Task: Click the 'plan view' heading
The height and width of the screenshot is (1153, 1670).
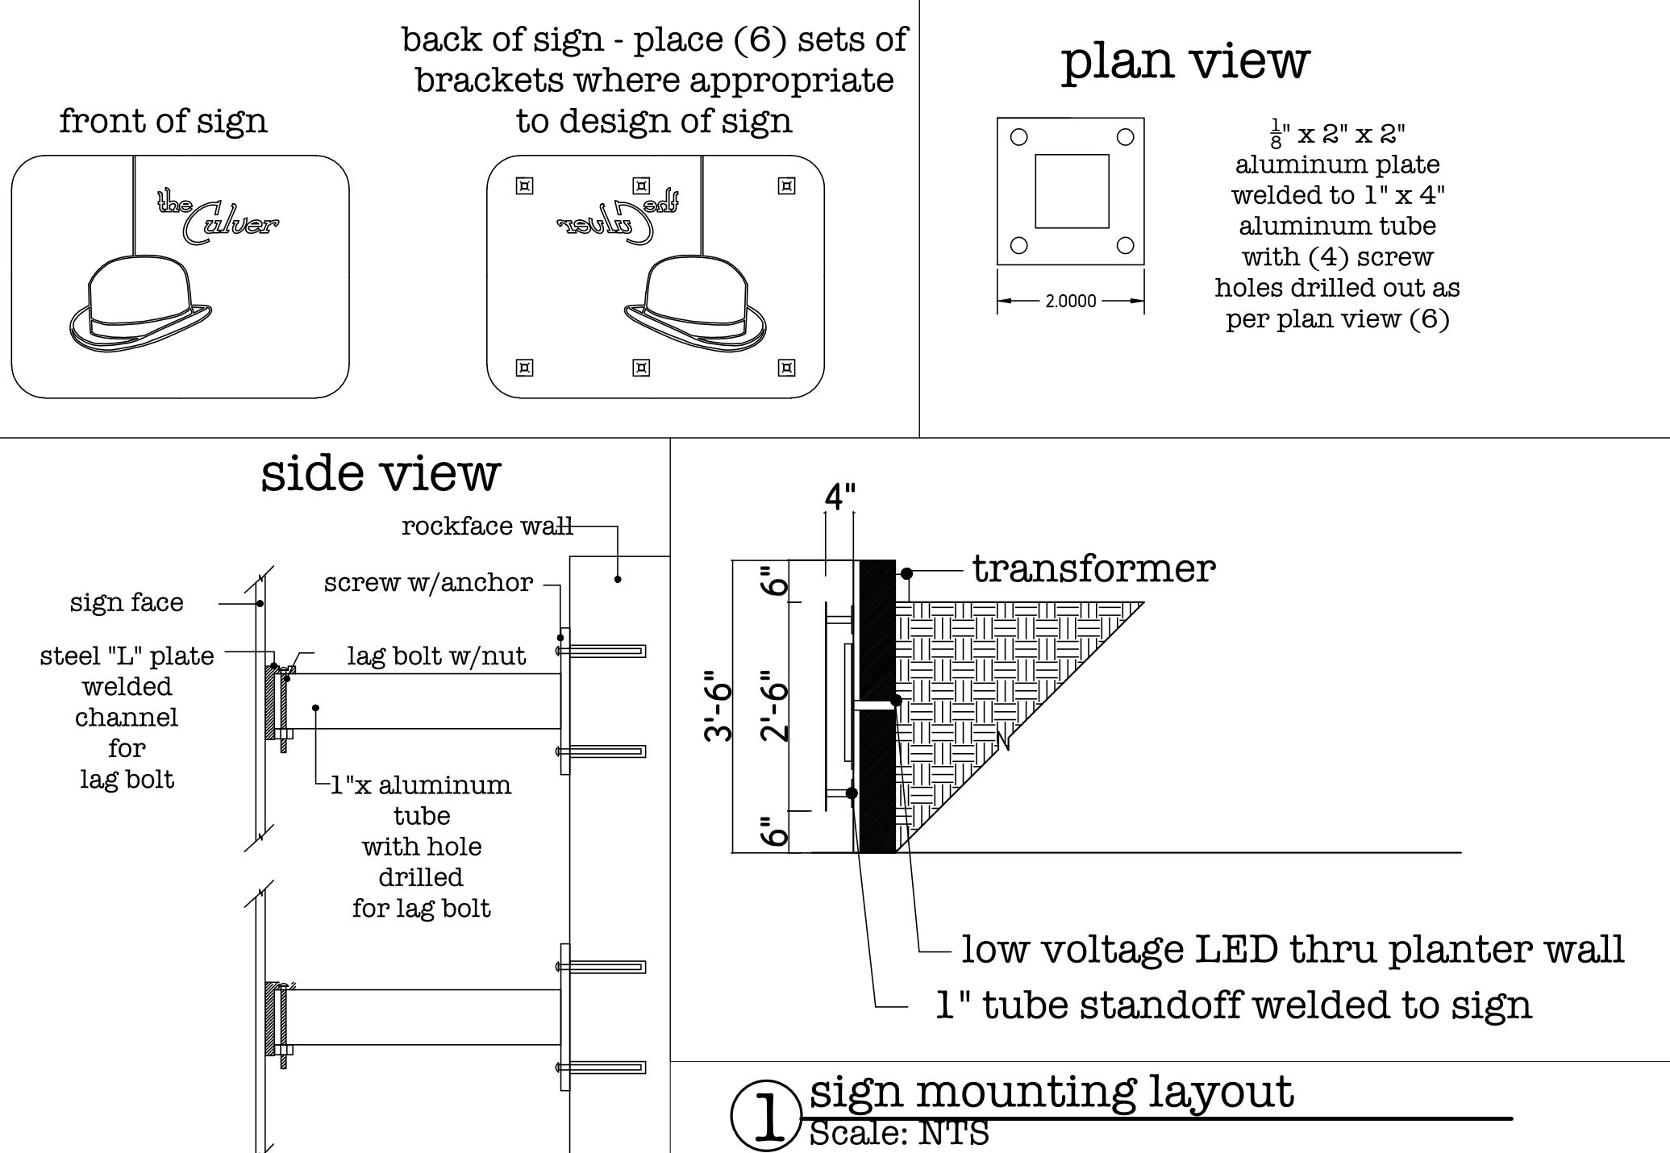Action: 1185,61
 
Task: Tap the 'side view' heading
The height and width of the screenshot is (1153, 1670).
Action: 381,472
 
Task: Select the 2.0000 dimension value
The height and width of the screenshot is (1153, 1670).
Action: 1071,302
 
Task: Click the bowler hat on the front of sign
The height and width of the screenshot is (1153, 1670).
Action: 140,304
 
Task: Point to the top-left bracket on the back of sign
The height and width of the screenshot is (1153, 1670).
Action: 524,186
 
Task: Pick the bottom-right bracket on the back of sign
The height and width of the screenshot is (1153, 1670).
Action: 786,368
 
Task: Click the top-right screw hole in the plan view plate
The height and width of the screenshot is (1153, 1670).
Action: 1125,137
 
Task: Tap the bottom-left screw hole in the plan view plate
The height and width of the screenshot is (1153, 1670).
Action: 1019,245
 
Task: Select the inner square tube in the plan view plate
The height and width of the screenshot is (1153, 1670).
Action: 1072,191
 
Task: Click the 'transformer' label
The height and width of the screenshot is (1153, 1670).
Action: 1093,568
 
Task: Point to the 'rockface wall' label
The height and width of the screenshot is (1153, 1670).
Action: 487,526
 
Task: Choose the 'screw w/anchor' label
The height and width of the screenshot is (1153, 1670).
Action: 428,582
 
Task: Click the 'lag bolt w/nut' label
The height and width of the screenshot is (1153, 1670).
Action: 436,656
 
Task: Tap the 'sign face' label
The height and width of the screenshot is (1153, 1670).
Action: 127,602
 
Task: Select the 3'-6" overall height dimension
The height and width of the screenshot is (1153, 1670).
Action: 718,706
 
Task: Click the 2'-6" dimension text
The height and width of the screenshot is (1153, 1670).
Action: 774,706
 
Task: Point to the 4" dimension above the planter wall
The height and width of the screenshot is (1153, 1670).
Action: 839,497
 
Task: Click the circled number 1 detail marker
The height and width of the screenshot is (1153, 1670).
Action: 767,1116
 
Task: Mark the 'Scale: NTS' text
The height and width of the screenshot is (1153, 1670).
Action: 899,1133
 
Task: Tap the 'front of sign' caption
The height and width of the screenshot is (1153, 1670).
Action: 163,121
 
